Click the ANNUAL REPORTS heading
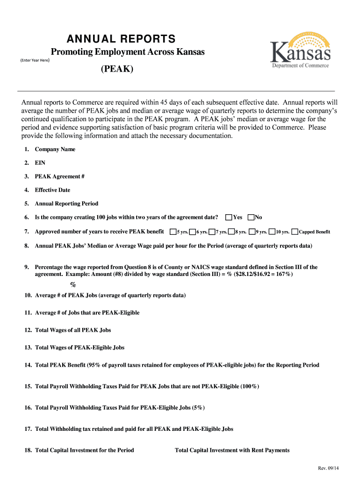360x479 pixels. [121, 38]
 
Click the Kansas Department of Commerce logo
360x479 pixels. [300, 51]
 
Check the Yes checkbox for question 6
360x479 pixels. [229, 217]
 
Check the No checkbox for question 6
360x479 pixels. [251, 217]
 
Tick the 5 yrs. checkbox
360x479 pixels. [173, 232]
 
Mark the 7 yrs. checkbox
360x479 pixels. [212, 232]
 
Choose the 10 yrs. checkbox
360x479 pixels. [272, 232]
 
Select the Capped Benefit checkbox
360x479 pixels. [295, 232]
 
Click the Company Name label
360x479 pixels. [55, 150]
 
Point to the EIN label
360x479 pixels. [40, 163]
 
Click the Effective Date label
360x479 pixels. [52, 190]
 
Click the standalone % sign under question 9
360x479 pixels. [73, 285]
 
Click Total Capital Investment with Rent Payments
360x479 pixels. [232, 450]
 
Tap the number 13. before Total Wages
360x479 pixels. [28, 348]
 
